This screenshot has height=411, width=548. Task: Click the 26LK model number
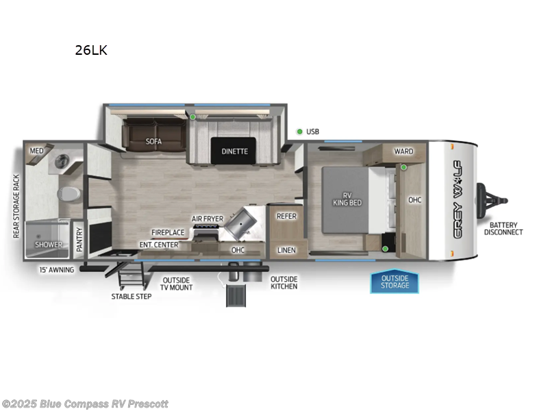click(91, 50)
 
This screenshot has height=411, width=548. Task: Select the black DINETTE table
click(234, 151)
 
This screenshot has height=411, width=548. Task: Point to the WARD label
click(403, 151)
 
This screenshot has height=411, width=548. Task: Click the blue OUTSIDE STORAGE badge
click(395, 282)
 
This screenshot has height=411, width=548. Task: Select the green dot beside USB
click(299, 132)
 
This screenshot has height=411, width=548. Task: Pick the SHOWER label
click(49, 245)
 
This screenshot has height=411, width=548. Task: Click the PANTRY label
click(79, 240)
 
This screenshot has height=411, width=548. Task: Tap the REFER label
click(286, 216)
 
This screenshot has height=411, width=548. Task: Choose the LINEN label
click(286, 250)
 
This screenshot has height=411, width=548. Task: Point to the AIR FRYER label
click(207, 219)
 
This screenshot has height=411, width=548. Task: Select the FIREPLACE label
click(168, 232)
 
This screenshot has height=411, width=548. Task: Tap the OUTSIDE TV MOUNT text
click(177, 284)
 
